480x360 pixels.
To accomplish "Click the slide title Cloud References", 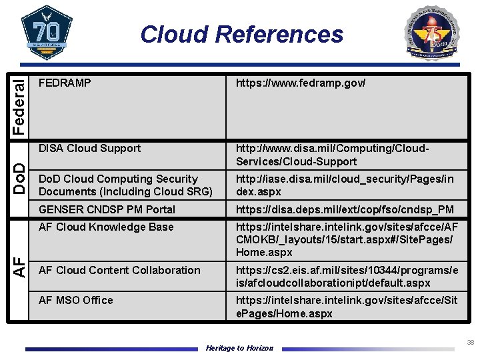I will (x=241, y=34).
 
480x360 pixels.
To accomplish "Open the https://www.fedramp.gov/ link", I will (x=301, y=83).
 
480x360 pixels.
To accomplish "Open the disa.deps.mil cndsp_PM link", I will (x=345, y=209).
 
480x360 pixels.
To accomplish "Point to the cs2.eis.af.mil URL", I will (x=347, y=277).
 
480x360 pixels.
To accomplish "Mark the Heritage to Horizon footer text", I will (x=239, y=348).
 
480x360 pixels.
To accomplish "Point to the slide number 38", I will (x=470, y=342).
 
